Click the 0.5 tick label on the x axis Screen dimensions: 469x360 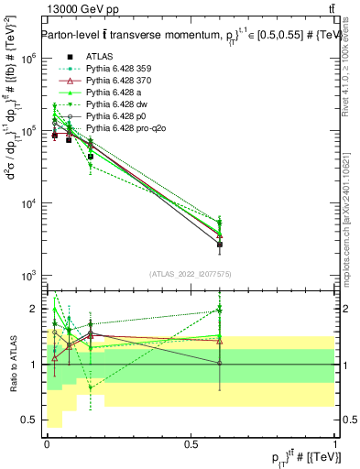tap(191, 444)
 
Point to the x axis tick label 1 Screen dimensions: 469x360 tap(335, 444)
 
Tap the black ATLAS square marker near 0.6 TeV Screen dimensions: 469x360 tap(220, 245)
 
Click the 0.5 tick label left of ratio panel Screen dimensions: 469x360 tap(28, 420)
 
